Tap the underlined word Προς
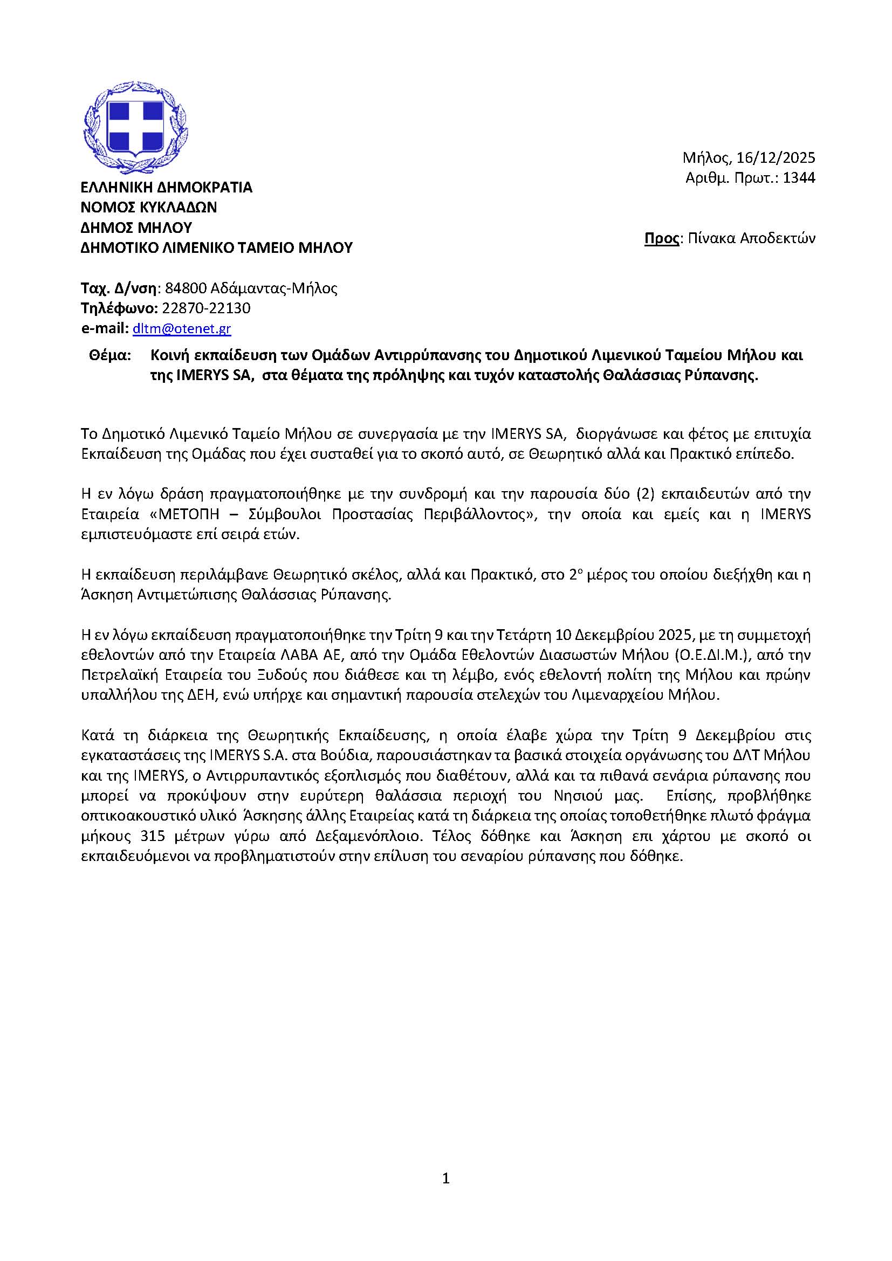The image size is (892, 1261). (x=661, y=238)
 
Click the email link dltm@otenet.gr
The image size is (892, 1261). (x=181, y=328)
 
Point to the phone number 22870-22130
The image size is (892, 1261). (x=206, y=308)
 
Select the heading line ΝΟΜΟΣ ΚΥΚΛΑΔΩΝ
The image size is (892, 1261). (x=148, y=207)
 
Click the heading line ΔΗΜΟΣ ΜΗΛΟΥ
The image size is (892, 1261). (x=136, y=228)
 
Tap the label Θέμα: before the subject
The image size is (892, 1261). (x=110, y=355)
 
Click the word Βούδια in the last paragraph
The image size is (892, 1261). (x=339, y=755)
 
